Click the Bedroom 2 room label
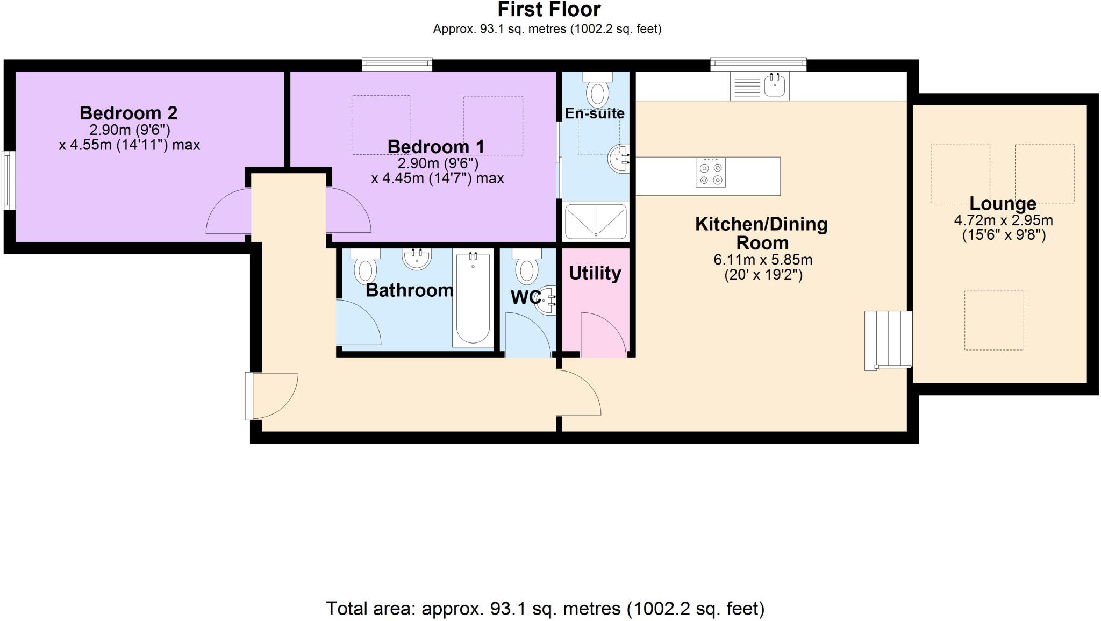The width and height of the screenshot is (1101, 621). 128,113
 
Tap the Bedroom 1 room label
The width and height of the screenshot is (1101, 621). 435,146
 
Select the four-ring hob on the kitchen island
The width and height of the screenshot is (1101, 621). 710,173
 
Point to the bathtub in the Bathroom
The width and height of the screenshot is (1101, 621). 473,298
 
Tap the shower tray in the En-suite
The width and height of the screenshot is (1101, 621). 596,221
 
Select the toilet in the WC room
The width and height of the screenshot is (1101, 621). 526,268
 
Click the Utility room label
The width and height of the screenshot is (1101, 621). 595,273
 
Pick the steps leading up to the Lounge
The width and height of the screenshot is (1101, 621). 888,340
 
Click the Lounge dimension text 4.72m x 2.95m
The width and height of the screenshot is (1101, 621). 1003,220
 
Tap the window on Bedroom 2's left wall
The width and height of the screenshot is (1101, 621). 8,180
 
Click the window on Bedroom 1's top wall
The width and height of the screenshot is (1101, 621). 397,65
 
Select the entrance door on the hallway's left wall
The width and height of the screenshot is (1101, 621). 271,396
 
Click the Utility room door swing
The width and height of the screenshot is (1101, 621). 603,336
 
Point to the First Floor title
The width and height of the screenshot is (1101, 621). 548,10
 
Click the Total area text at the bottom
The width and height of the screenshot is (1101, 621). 545,609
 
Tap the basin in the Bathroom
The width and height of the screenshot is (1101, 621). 416,259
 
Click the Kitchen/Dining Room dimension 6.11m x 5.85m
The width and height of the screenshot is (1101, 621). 762,260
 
